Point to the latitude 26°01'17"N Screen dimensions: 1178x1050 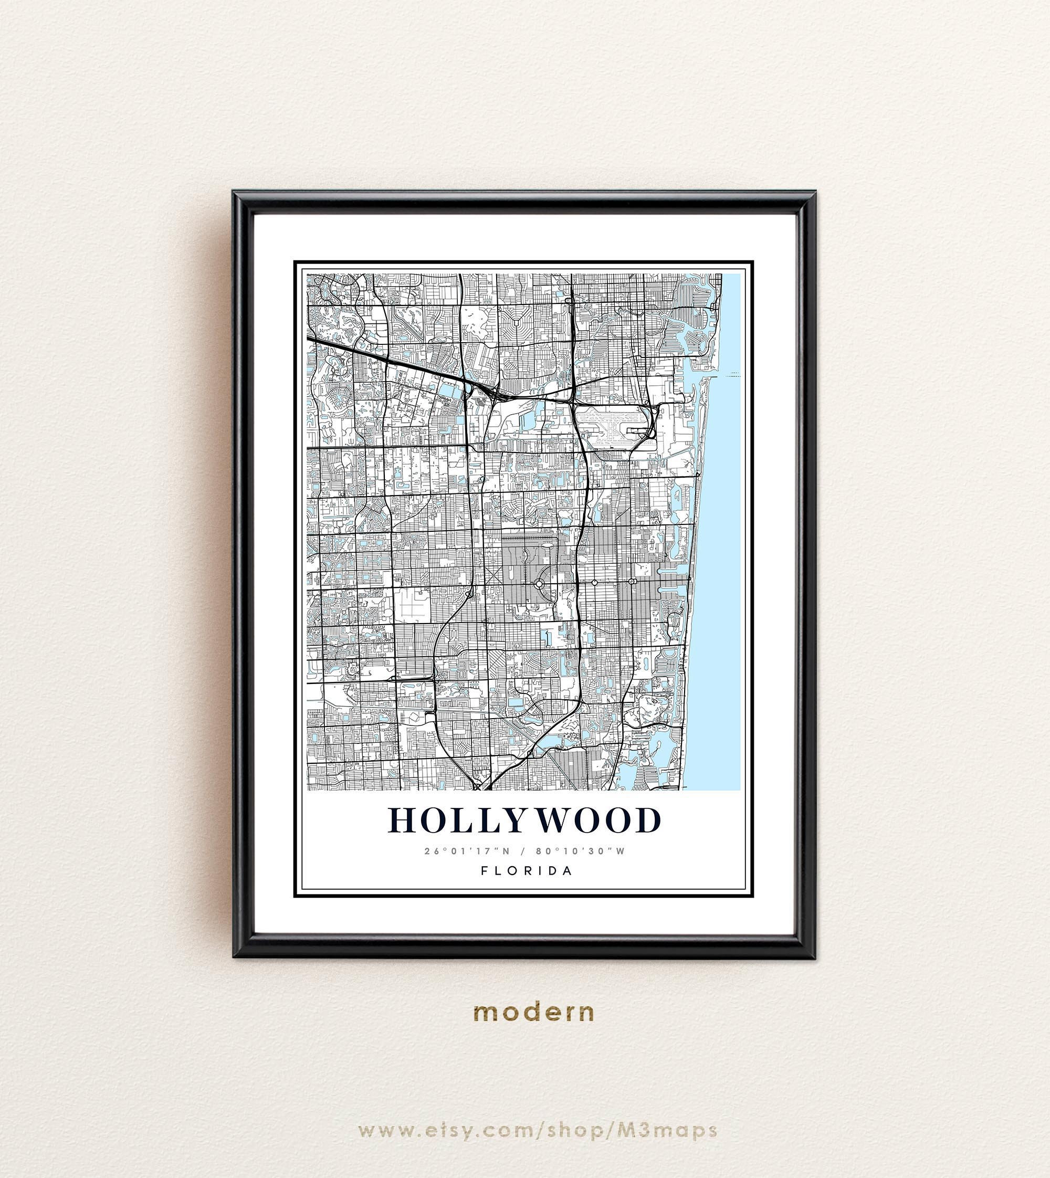tap(467, 851)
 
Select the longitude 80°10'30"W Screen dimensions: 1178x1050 tap(580, 851)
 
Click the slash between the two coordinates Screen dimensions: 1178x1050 tap(523, 851)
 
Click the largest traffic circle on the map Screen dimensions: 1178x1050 tap(539, 584)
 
